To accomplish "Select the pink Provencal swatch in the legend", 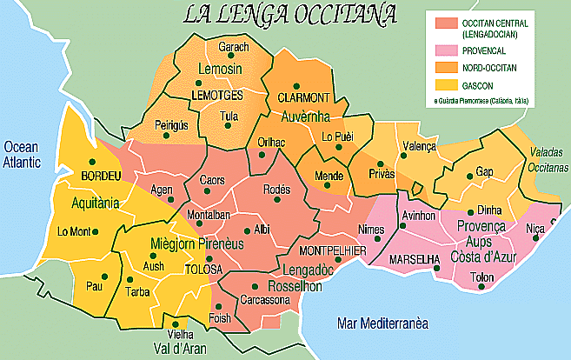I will pyautogui.click(x=441, y=51).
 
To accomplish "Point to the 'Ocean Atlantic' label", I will pyautogui.click(x=27, y=155).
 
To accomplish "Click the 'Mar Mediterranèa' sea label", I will pyautogui.click(x=383, y=323).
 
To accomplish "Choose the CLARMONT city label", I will pyautogui.click(x=303, y=97).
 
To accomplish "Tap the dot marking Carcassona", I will pyautogui.click(x=254, y=286).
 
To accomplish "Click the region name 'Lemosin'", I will pyautogui.click(x=219, y=69).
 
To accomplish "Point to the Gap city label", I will pyautogui.click(x=484, y=172).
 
